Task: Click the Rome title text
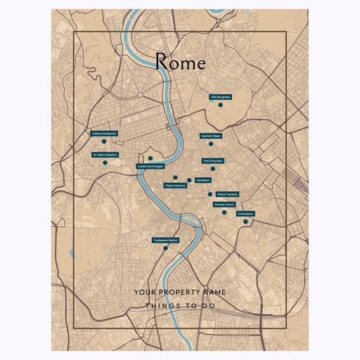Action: click(x=180, y=63)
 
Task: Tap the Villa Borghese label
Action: click(x=220, y=97)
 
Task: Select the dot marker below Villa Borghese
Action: click(x=220, y=105)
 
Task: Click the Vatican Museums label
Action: click(x=104, y=133)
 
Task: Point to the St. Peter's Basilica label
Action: click(x=105, y=154)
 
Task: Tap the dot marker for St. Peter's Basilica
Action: click(x=105, y=162)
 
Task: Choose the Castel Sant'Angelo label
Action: click(x=150, y=167)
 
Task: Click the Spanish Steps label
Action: click(x=211, y=136)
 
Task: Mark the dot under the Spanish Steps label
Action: click(x=210, y=143)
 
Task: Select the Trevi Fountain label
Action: click(x=213, y=160)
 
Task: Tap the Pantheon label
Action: click(x=194, y=179)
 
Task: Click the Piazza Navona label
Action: click(x=175, y=186)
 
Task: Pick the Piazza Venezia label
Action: click(x=227, y=193)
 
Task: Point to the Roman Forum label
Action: click(x=224, y=204)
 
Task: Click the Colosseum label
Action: click(x=245, y=213)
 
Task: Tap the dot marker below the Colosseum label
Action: click(x=245, y=221)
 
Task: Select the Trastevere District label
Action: click(x=166, y=240)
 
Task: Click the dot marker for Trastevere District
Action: click(x=165, y=247)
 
